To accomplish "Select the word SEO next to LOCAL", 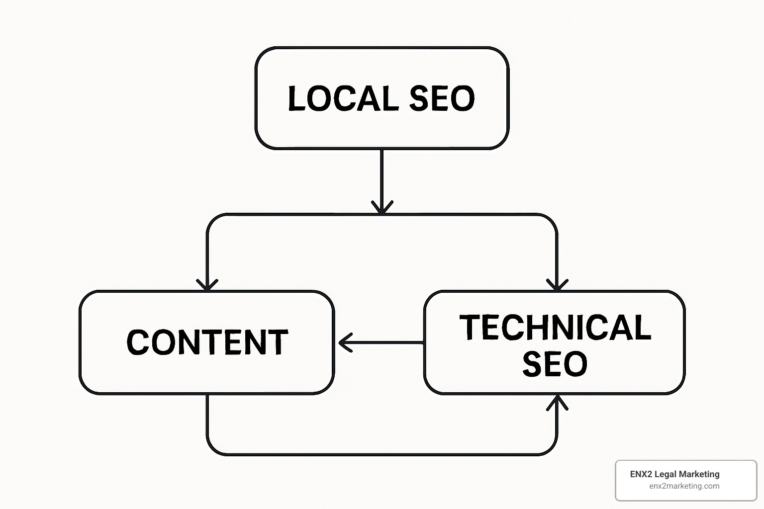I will coord(442,98).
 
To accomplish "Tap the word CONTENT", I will coord(207,342).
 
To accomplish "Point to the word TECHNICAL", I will coord(555,327).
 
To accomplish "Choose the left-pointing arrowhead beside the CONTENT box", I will coord(344,342).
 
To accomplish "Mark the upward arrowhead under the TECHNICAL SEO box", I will coord(557,402).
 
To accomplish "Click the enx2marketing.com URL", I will coord(684,486).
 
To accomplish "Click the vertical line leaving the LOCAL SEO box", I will coord(382,174).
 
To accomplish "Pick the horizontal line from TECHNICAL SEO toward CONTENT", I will coord(388,342).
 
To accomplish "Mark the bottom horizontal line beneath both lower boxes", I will coord(382,454).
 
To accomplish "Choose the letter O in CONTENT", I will coord(162,342).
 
